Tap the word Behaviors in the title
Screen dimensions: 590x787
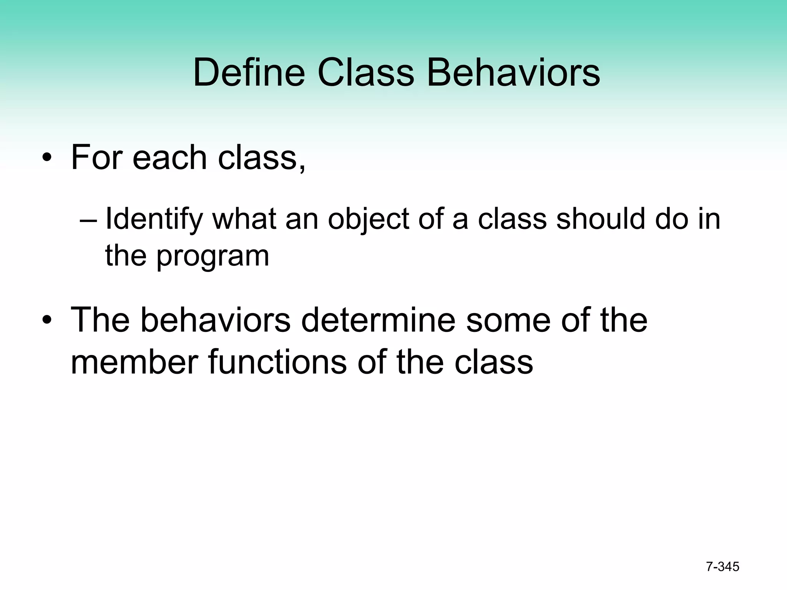point(513,72)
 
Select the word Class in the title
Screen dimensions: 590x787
point(365,72)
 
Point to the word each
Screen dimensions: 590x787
point(170,157)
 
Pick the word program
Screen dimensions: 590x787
point(213,257)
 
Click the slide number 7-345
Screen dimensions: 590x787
point(722,567)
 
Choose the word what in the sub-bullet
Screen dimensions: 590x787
point(244,219)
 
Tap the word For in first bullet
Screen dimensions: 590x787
point(96,157)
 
